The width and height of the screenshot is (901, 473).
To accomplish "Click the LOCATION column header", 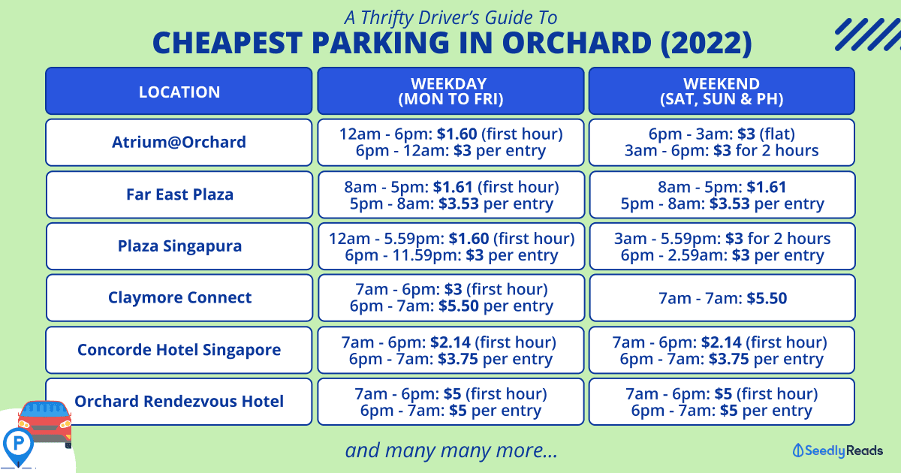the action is (x=179, y=92).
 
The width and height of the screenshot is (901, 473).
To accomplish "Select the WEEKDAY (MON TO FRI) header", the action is (x=450, y=92).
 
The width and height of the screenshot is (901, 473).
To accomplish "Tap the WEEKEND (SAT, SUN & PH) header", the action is (x=722, y=92).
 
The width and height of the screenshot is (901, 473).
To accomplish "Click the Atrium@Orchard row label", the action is (x=179, y=142).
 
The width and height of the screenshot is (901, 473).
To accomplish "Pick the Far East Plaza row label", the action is (x=179, y=194).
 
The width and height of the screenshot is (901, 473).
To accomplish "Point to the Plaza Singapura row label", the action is (x=179, y=246).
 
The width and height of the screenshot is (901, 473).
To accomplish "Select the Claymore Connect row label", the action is (x=179, y=297).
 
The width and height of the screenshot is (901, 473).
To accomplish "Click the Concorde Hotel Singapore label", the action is (x=179, y=350).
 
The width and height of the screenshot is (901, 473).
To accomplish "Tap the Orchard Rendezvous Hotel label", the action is (x=179, y=401).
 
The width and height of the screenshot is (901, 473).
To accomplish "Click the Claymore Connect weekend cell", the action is (x=722, y=297).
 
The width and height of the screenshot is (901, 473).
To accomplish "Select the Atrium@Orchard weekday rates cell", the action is (x=450, y=143).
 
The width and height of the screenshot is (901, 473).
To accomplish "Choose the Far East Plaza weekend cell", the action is (x=722, y=194).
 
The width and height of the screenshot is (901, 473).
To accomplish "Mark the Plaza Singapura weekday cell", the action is (x=451, y=246).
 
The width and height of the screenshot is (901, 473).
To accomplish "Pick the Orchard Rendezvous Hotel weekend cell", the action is (x=722, y=402).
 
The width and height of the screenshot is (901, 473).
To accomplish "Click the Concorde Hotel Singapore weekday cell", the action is (x=450, y=350).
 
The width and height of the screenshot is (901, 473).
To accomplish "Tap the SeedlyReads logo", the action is (x=837, y=450).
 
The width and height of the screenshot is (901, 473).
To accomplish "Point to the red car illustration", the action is (x=45, y=422).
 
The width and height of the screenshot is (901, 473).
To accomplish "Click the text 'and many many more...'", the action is (x=451, y=450).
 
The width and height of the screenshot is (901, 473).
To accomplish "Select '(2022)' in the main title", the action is (x=706, y=43).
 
